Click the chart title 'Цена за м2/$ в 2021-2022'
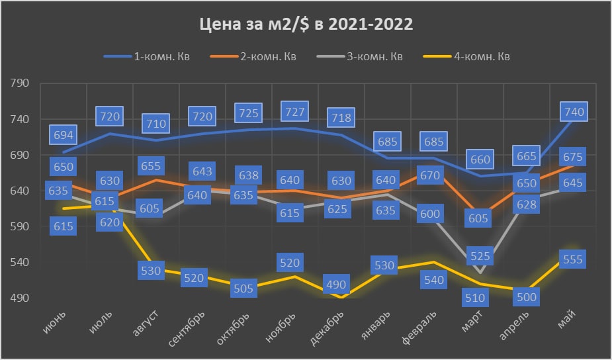tap(306, 25)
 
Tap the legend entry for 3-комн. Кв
tap(374, 56)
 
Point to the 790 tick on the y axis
tap(20, 84)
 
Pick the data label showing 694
tap(64, 136)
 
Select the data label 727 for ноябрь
tap(294, 111)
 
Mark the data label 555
tap(571, 259)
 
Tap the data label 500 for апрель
tap(526, 296)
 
